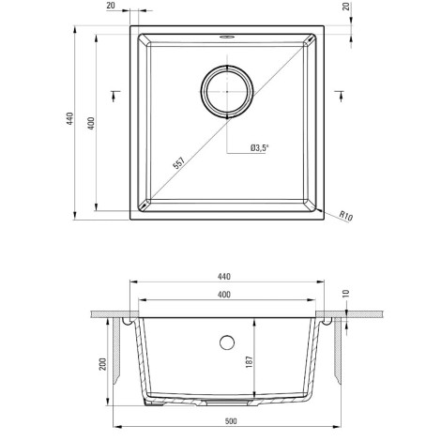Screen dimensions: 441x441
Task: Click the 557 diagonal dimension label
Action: pos(179,163)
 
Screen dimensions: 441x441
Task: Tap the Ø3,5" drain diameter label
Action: pos(260,148)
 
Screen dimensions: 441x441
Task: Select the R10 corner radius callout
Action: pos(346,216)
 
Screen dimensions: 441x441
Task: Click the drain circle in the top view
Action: pos(227,92)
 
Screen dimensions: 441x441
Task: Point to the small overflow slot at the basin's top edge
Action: pos(226,38)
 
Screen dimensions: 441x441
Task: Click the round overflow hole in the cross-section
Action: pos(227,342)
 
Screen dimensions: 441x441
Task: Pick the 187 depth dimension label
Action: pos(249,361)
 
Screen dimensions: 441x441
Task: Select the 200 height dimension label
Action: pos(103,364)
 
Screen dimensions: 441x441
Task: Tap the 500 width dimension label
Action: pos(231,421)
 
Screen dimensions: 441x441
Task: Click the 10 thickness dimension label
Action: pos(346,294)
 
